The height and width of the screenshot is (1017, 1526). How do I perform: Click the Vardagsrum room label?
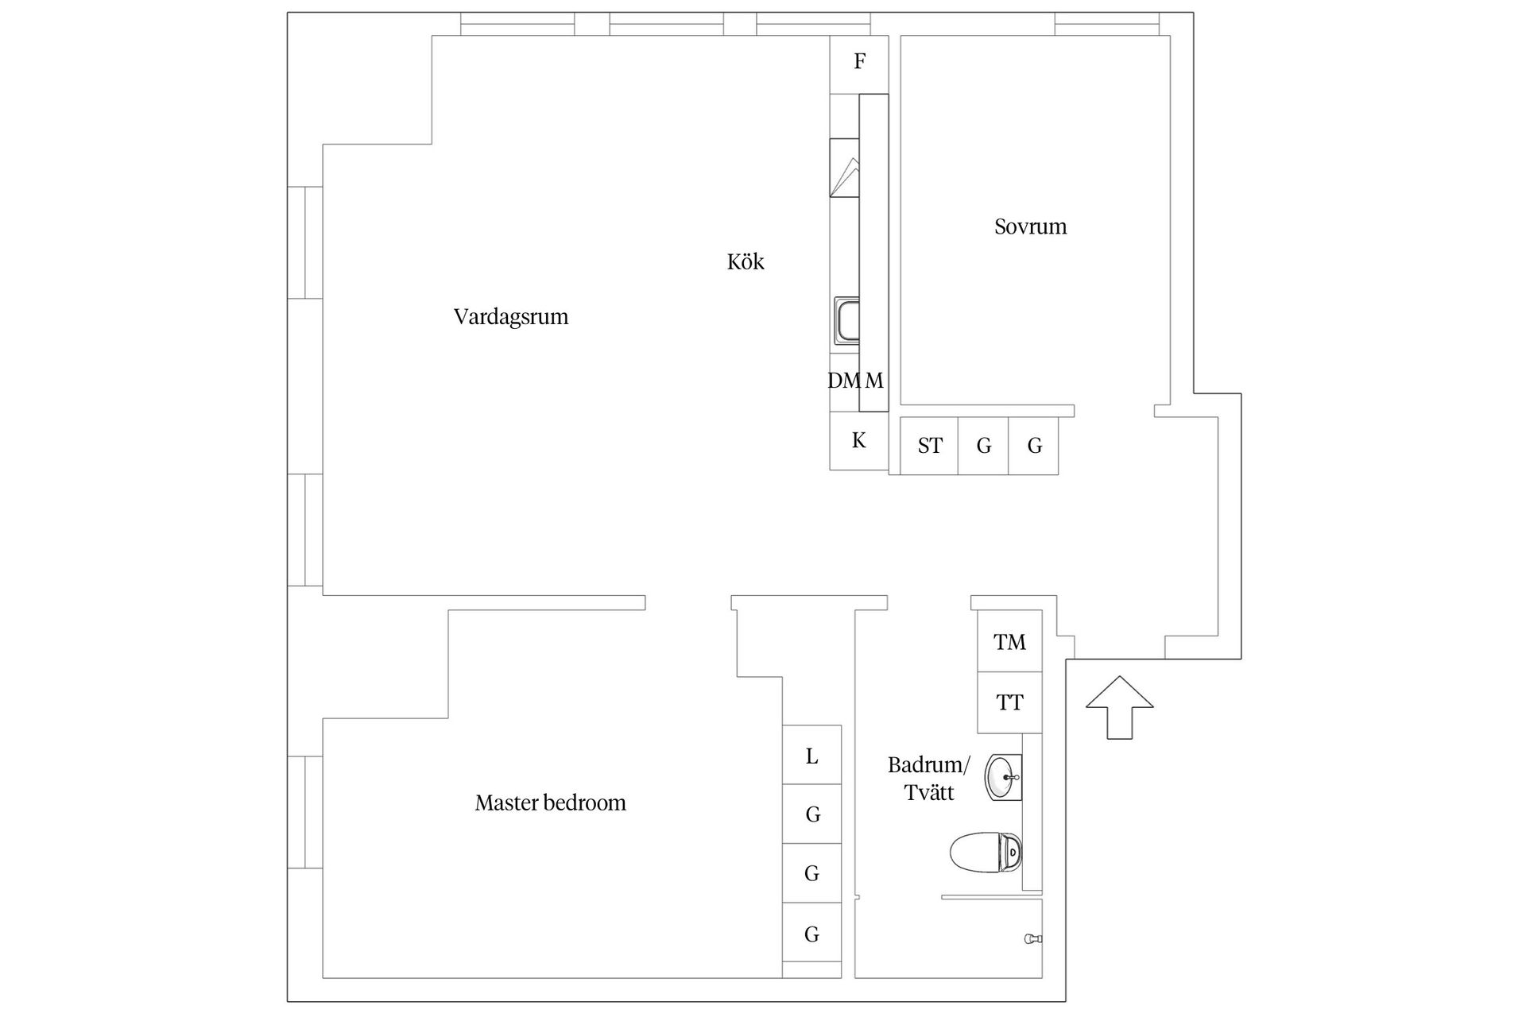(x=511, y=317)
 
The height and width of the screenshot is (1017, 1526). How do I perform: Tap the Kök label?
(x=745, y=262)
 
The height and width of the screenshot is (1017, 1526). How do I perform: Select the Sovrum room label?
(x=1030, y=226)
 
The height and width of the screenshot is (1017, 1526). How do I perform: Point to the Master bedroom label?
(x=550, y=803)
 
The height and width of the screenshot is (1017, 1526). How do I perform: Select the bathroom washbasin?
(x=1002, y=778)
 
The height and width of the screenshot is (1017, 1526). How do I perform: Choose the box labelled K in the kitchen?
(x=858, y=441)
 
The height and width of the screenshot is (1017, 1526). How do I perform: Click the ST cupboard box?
(x=929, y=447)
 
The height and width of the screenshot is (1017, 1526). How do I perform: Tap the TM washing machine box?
(x=1009, y=642)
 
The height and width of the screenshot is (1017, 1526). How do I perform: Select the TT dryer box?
(x=1009, y=703)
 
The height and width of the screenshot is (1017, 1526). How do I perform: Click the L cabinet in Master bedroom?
(x=811, y=756)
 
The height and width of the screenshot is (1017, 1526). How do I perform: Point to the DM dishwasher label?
(x=843, y=381)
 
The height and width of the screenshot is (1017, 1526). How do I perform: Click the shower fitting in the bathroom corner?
(x=1032, y=939)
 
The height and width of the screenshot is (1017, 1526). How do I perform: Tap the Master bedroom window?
(x=305, y=812)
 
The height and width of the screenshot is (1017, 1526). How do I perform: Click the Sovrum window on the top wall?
(x=1106, y=25)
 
